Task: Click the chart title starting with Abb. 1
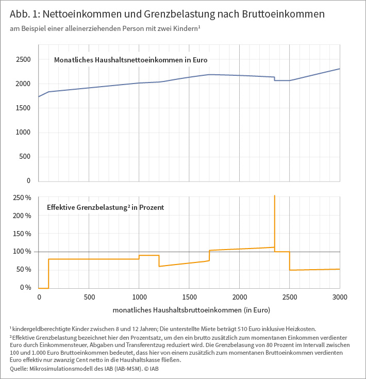click(x=167, y=14)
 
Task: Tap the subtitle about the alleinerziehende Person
click(x=105, y=29)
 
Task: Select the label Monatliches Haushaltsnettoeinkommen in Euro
click(x=130, y=60)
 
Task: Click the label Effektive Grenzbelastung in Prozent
click(x=105, y=207)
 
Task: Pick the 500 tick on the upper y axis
click(x=25, y=157)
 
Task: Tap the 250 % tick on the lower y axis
click(x=22, y=198)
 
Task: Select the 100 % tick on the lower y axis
click(x=22, y=252)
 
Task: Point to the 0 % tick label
click(x=25, y=288)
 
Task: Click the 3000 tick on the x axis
click(x=340, y=298)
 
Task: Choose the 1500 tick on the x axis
click(x=189, y=298)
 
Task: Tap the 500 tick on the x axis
click(x=89, y=298)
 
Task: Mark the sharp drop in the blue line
click(x=275, y=79)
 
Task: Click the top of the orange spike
click(x=275, y=196)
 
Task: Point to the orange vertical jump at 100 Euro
click(x=48, y=273)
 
